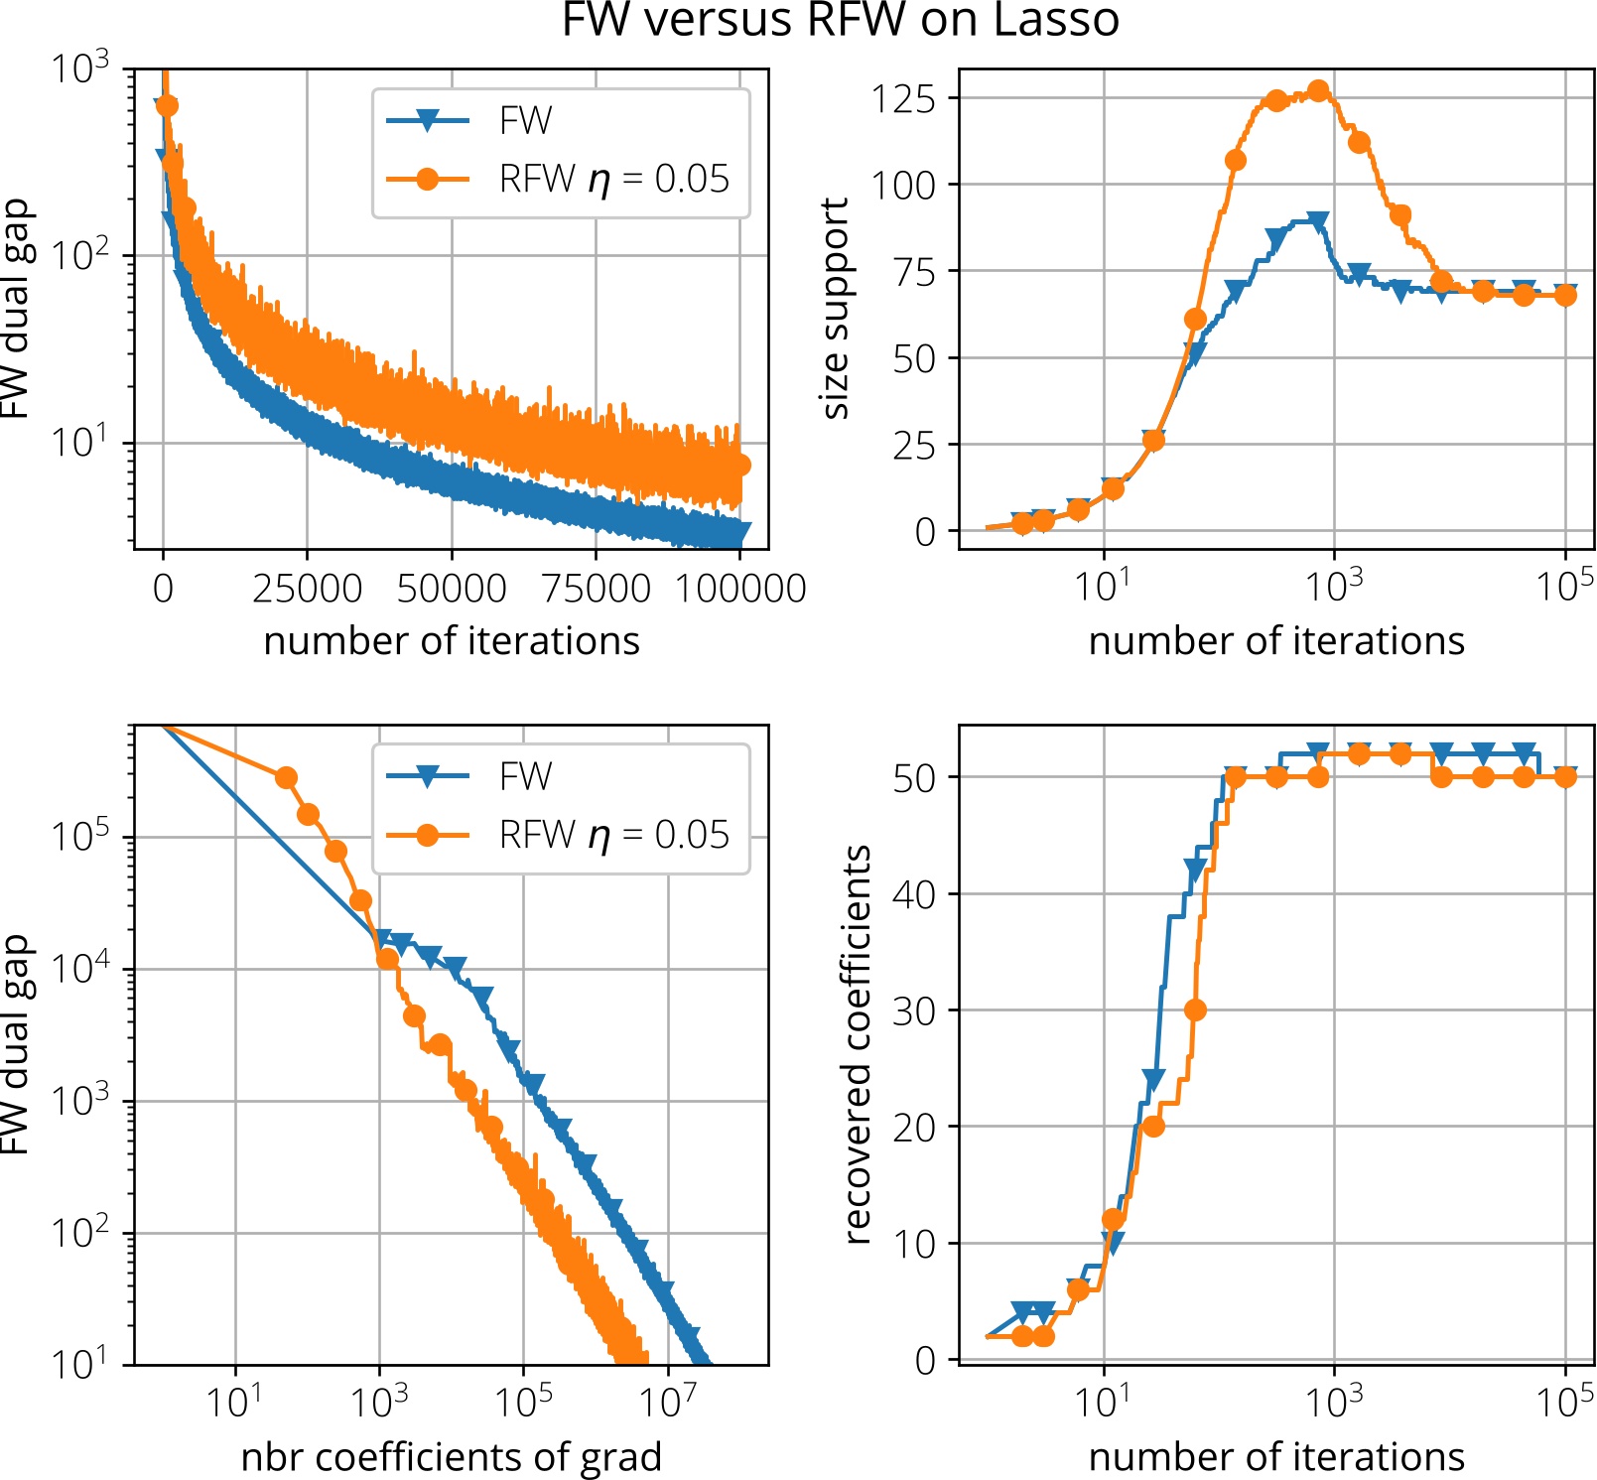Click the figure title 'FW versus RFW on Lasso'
(840, 20)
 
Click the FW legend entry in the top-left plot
(525, 121)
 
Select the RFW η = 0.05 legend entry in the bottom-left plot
(612, 835)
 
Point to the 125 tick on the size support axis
(903, 98)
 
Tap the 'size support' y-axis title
(836, 309)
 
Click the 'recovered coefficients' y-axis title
(857, 1044)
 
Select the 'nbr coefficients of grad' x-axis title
(451, 1457)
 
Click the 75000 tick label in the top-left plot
(596, 589)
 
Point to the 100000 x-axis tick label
(740, 589)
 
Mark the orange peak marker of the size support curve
(1318, 91)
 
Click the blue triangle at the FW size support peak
(1318, 220)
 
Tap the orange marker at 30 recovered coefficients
(1195, 1009)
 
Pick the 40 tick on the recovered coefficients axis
(913, 894)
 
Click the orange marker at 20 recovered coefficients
(1152, 1127)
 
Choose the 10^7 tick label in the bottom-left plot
(667, 1403)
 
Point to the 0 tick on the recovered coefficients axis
(925, 1360)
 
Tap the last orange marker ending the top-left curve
(739, 465)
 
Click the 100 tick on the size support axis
(903, 185)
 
